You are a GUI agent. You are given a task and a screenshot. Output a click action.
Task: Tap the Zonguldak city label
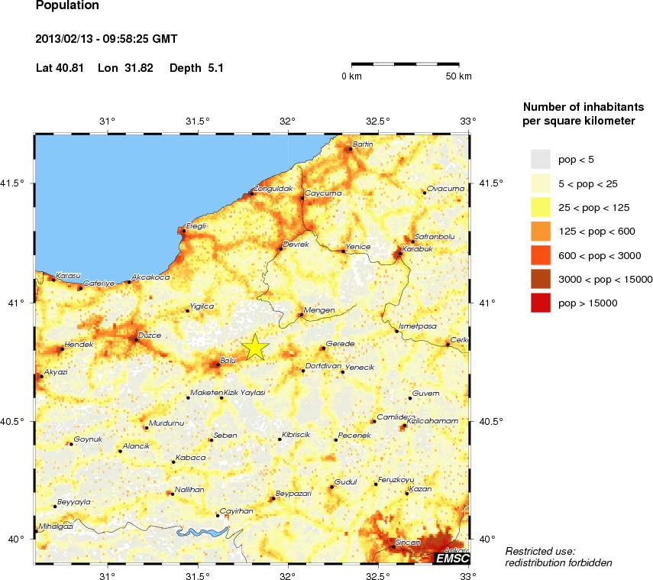click(273, 188)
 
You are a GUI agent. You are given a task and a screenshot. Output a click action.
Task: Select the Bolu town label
click(228, 359)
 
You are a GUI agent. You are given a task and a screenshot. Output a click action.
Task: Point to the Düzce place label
click(148, 334)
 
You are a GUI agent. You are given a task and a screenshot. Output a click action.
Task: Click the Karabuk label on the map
click(418, 248)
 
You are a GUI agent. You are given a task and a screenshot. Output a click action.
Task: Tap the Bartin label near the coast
click(363, 144)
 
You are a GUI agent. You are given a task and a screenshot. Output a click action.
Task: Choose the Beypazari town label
click(294, 493)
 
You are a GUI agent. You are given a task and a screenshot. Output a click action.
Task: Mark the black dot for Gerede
click(322, 348)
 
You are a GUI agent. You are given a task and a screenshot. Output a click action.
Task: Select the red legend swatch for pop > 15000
click(541, 303)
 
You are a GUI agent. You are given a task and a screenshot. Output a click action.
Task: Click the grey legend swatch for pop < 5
click(541, 159)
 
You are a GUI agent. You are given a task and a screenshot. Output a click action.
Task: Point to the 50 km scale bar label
click(459, 76)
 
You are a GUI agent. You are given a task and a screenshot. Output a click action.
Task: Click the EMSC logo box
click(451, 559)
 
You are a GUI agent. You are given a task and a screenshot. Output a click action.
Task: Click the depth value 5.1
click(215, 68)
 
